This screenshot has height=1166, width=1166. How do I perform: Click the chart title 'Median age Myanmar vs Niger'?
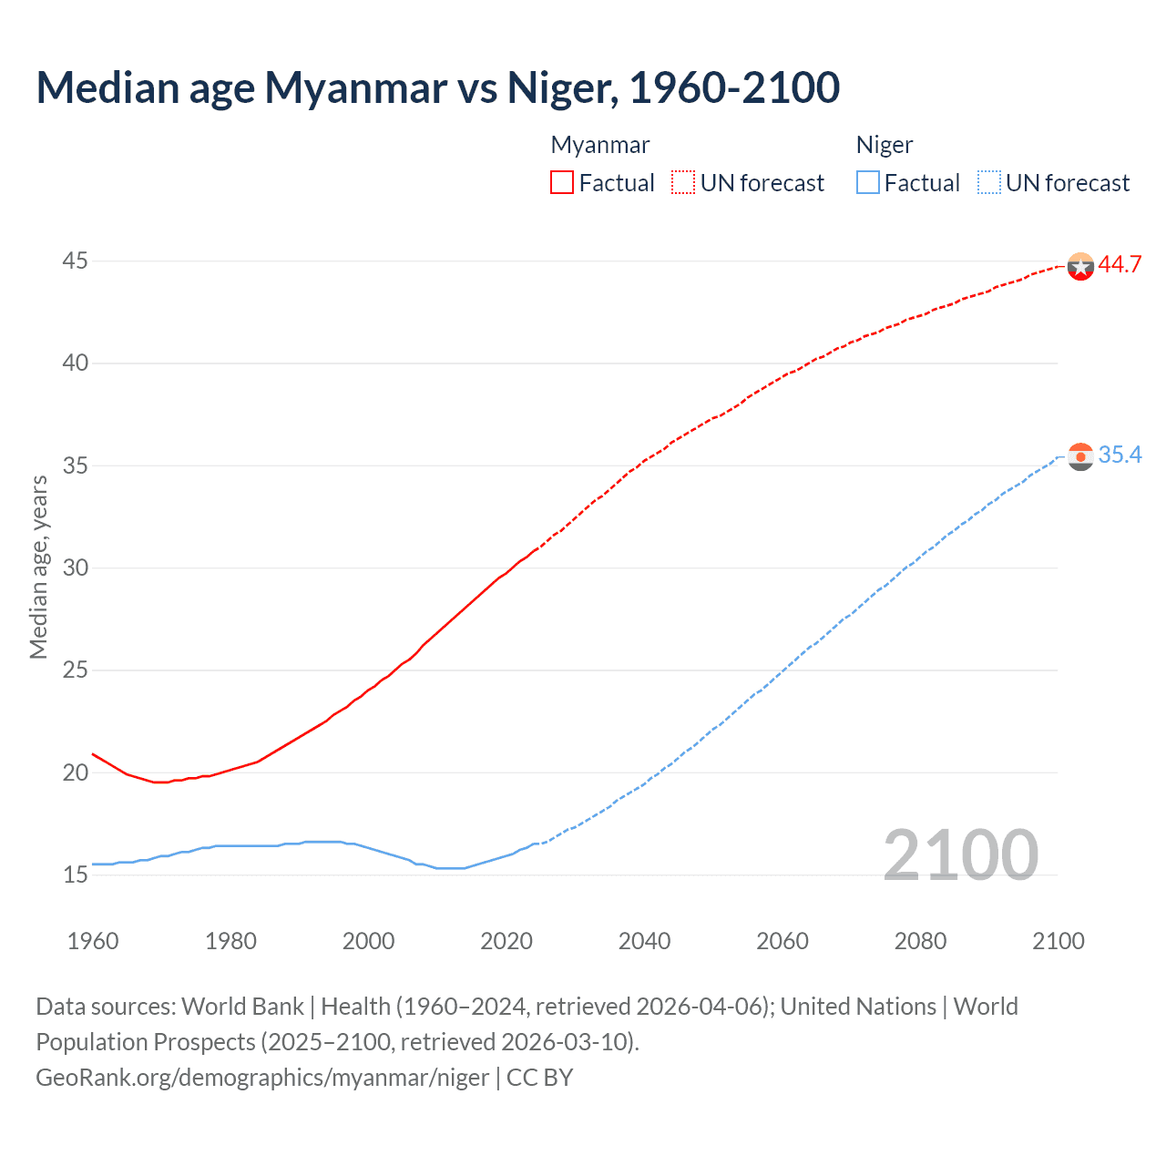pos(437,87)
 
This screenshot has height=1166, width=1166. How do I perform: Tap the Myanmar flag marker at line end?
pos(1080,266)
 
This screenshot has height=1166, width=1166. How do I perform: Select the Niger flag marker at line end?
pos(1080,456)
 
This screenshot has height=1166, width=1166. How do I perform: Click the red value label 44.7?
pos(1120,265)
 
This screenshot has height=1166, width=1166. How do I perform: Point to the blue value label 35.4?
pos(1120,455)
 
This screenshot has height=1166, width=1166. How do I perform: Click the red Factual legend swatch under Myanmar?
pos(562,183)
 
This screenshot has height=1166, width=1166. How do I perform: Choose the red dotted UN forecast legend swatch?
pos(683,183)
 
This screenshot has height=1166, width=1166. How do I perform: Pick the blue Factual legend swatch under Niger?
pos(867,183)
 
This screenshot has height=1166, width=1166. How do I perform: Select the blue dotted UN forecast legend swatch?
pos(988,183)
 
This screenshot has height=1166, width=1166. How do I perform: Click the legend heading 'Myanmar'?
pos(600,146)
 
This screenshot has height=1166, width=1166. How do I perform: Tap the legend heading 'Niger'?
pos(884,146)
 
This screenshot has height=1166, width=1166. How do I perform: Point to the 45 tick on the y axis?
pos(75,261)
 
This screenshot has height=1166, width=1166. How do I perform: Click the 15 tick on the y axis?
pos(75,875)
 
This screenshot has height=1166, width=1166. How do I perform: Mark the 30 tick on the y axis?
pos(75,568)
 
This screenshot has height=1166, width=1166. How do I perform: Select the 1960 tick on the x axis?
pos(93,941)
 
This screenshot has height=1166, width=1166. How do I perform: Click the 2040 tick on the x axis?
pos(644,941)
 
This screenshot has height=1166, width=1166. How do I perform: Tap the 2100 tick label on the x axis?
pos(1058,941)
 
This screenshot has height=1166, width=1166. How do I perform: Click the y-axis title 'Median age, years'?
pos(38,567)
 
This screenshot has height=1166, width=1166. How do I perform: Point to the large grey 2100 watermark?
pos(960,855)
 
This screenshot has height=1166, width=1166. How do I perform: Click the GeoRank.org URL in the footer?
pos(262,1078)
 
